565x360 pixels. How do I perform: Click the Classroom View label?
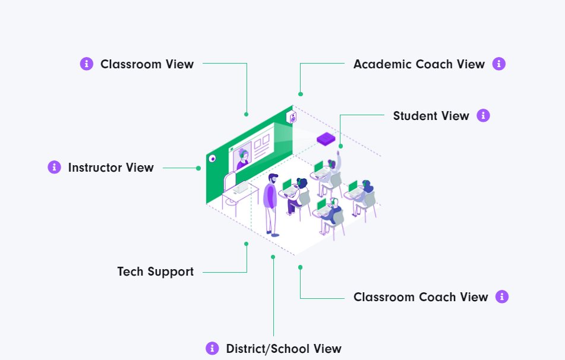pyautogui.click(x=147, y=64)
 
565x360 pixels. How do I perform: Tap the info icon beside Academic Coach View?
pyautogui.click(x=499, y=64)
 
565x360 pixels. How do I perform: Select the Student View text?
pyautogui.click(x=431, y=116)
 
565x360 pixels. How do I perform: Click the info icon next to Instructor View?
pyautogui.click(x=55, y=168)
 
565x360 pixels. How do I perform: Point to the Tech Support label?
pyautogui.click(x=155, y=271)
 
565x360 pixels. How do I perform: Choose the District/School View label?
pyautogui.click(x=283, y=349)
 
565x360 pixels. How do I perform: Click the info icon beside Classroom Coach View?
pyautogui.click(x=502, y=296)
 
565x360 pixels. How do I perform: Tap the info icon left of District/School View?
pyautogui.click(x=212, y=349)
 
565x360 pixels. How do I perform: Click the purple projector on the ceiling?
pyautogui.click(x=326, y=139)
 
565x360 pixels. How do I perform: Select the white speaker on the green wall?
pyautogui.click(x=292, y=118)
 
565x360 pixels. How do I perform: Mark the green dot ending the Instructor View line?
pyautogui.click(x=198, y=168)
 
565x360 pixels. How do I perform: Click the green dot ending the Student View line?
pyautogui.click(x=340, y=146)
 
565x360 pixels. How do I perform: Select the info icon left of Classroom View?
pyautogui.click(x=87, y=64)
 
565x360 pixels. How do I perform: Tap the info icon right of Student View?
pyautogui.click(x=483, y=116)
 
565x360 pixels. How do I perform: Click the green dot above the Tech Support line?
pyautogui.click(x=246, y=244)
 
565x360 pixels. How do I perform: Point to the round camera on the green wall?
pyautogui.click(x=212, y=159)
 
